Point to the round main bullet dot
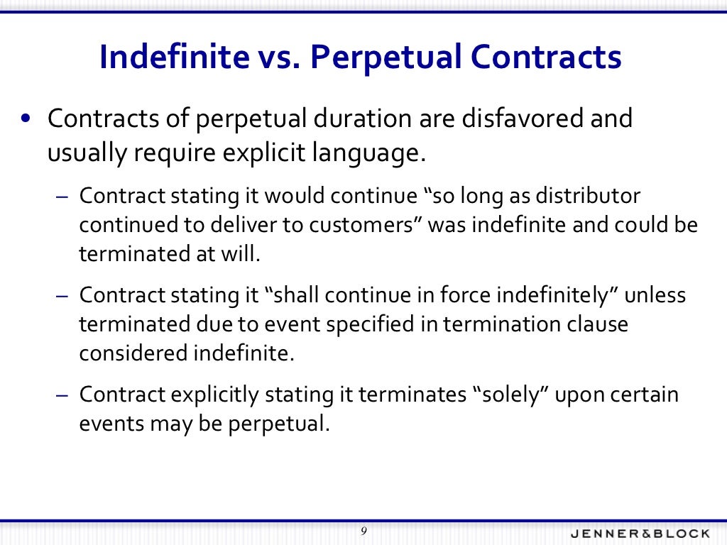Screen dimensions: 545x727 [x=26, y=119]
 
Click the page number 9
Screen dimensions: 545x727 [x=363, y=532]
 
